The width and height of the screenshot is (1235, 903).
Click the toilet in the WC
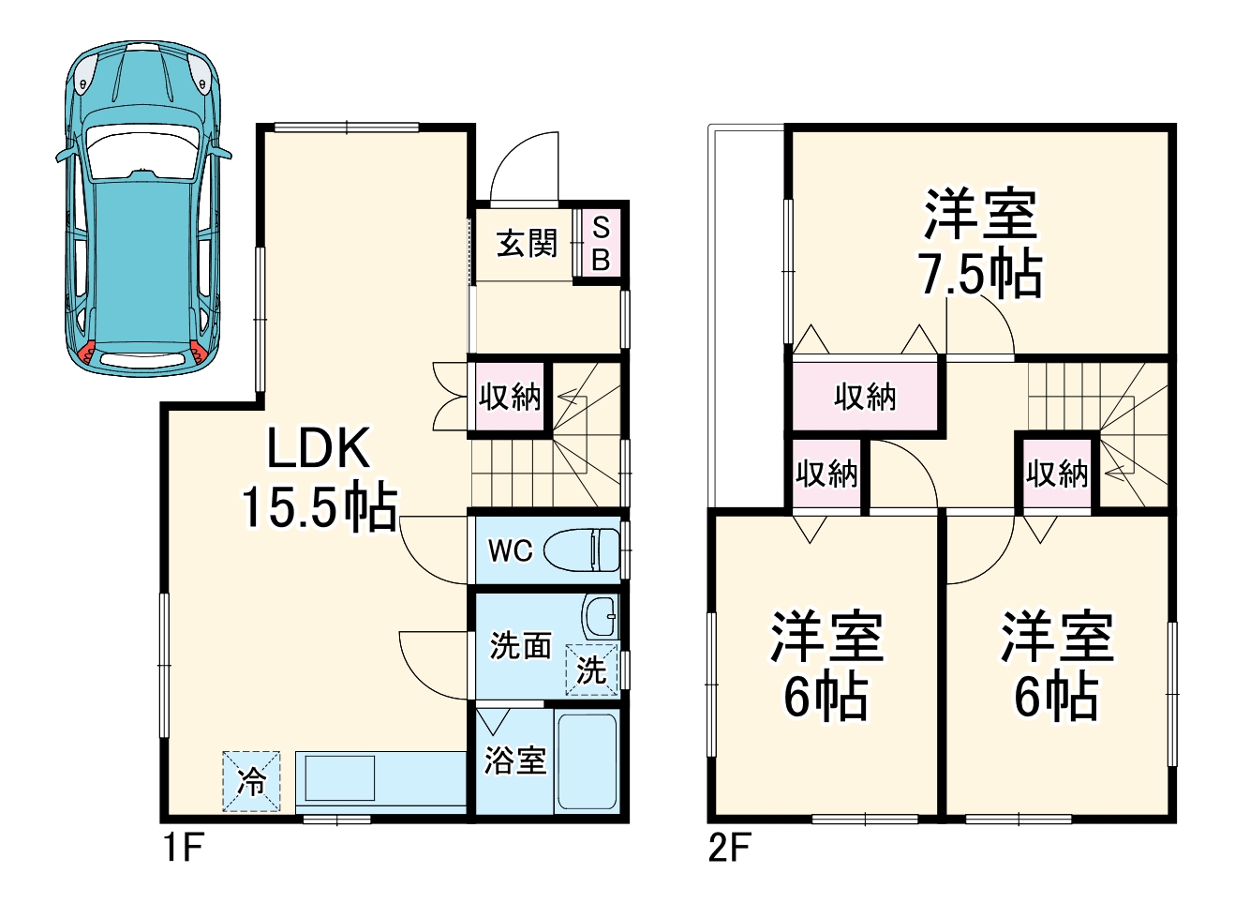(x=582, y=549)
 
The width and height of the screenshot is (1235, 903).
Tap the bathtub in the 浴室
(x=588, y=761)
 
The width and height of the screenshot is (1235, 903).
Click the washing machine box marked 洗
(x=591, y=670)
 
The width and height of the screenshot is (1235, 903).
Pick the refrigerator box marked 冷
(x=251, y=781)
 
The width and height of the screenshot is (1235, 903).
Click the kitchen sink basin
(x=340, y=777)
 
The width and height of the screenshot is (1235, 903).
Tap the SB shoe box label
(x=601, y=243)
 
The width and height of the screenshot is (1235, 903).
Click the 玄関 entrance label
(x=528, y=243)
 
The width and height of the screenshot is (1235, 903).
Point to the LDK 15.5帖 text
(x=320, y=477)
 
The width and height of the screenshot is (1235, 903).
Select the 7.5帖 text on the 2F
(x=980, y=275)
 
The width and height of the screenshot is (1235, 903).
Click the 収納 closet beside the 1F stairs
(x=510, y=396)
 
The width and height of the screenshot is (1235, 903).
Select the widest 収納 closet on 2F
(x=865, y=396)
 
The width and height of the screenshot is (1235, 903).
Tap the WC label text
(x=511, y=550)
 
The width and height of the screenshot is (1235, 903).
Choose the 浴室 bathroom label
(x=515, y=760)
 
